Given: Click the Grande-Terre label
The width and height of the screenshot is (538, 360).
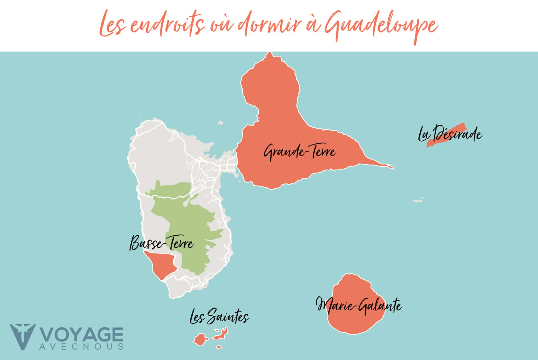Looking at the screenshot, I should (x=300, y=152).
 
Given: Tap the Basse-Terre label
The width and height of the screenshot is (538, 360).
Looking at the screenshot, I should (x=162, y=243).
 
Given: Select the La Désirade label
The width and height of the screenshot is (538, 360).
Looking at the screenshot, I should (x=450, y=135).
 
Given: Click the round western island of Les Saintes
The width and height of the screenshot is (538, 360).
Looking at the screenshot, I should (x=201, y=340).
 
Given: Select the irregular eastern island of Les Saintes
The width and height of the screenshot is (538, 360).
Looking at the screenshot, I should (x=221, y=334).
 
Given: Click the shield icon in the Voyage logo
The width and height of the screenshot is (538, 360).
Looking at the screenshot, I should (x=22, y=336).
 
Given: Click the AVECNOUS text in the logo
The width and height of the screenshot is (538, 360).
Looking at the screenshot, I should (x=81, y=347).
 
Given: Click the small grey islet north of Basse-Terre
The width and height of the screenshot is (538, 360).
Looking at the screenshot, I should (x=220, y=123).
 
